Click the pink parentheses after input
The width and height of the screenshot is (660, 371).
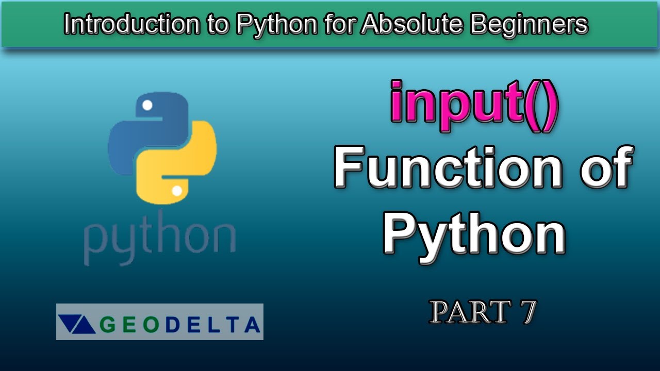tap(541, 106)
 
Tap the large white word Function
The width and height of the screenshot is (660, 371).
tap(448, 167)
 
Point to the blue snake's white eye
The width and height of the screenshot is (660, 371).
tap(147, 106)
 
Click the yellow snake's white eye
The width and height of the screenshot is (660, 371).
tap(177, 191)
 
